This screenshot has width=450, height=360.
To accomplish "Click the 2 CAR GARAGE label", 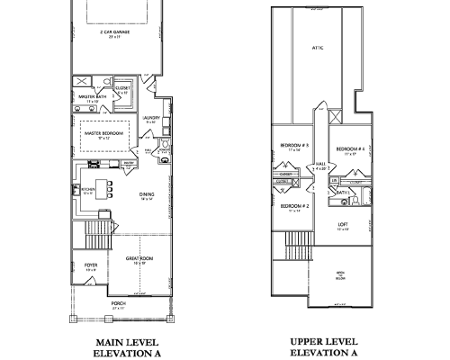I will [x=114, y=31].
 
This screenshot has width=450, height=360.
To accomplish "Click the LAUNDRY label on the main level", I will [x=150, y=117].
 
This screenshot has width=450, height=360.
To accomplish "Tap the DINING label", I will [x=148, y=193].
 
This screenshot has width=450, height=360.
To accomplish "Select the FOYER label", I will [x=91, y=265].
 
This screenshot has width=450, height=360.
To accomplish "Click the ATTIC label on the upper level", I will [x=317, y=48].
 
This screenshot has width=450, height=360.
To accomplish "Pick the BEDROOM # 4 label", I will [x=349, y=148].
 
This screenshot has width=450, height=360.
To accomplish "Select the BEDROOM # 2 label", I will [x=292, y=206].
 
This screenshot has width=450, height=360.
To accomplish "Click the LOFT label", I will [x=343, y=225].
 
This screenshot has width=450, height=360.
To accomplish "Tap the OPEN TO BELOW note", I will [x=340, y=274].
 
